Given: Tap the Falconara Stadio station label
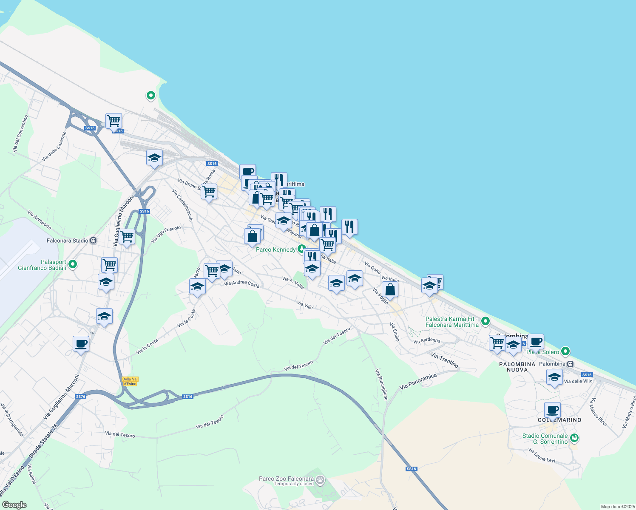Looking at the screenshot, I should point(68,241).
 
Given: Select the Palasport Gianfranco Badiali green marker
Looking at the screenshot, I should point(73,264).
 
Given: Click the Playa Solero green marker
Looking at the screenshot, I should point(565,351).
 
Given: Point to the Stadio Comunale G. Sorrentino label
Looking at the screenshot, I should point(545,439).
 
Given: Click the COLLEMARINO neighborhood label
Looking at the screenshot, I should point(559,420).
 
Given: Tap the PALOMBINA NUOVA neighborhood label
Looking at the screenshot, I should point(517,367).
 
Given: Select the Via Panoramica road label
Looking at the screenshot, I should point(418,382).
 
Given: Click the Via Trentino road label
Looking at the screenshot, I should point(445,360).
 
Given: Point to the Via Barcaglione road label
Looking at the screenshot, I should point(381,384).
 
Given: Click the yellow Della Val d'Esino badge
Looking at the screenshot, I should point(130,381).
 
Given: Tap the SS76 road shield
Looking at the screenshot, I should point(80,397).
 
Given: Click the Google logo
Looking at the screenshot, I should point(14,505).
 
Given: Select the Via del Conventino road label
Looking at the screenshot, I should point(20,134).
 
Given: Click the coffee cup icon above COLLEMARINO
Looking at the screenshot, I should point(552,410).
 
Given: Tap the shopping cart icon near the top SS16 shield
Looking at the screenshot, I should point(114,121).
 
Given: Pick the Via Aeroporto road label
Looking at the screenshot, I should point(40,219).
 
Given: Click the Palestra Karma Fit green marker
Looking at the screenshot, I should point(486,321).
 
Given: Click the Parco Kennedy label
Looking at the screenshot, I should point(275,249).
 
